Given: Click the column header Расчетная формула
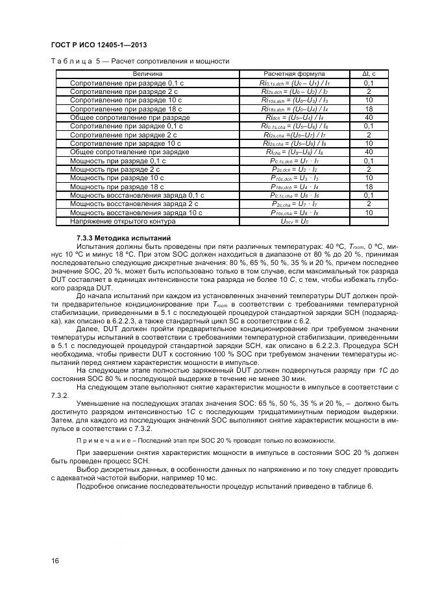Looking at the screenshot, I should (x=295, y=74).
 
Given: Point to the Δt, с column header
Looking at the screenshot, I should (x=369, y=74).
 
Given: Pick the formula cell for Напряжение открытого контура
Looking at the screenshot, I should (x=295, y=221).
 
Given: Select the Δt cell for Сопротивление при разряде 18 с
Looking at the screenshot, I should (x=369, y=110).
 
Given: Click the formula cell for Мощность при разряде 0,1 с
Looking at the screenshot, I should (x=295, y=161).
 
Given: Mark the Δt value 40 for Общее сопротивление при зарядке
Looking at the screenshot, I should (x=369, y=152).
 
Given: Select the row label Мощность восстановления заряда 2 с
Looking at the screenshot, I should (x=134, y=204).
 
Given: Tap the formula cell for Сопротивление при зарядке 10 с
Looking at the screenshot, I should (x=295, y=143).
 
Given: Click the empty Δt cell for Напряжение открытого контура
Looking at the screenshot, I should (x=369, y=221).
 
